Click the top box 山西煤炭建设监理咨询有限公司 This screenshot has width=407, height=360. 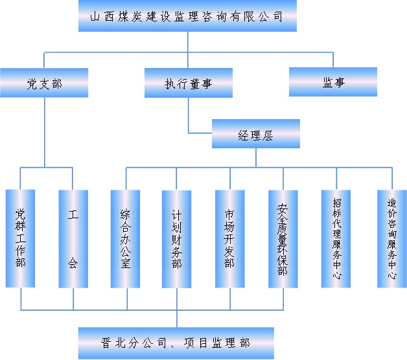(x=187, y=16)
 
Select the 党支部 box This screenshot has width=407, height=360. (x=44, y=83)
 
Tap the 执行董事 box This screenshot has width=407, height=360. (x=189, y=83)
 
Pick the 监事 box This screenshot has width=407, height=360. (x=333, y=82)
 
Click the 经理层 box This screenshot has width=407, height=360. (x=256, y=134)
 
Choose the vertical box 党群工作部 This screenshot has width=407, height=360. (x=20, y=238)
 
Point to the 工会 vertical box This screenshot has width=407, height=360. (x=73, y=239)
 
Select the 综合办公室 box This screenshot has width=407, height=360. (x=125, y=239)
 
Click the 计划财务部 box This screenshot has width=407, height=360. (x=176, y=239)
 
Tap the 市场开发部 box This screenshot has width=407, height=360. (x=229, y=239)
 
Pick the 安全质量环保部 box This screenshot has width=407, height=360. (x=283, y=239)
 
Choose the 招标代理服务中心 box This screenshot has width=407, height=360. (x=336, y=239)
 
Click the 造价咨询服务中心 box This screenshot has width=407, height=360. (x=391, y=239)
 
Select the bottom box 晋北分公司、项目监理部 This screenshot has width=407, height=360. (x=176, y=343)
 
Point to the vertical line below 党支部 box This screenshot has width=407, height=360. (x=45, y=132)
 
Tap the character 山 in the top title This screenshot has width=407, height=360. (x=95, y=17)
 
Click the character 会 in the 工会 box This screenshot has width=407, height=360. (x=73, y=263)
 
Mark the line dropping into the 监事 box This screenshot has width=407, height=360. (x=333, y=60)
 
